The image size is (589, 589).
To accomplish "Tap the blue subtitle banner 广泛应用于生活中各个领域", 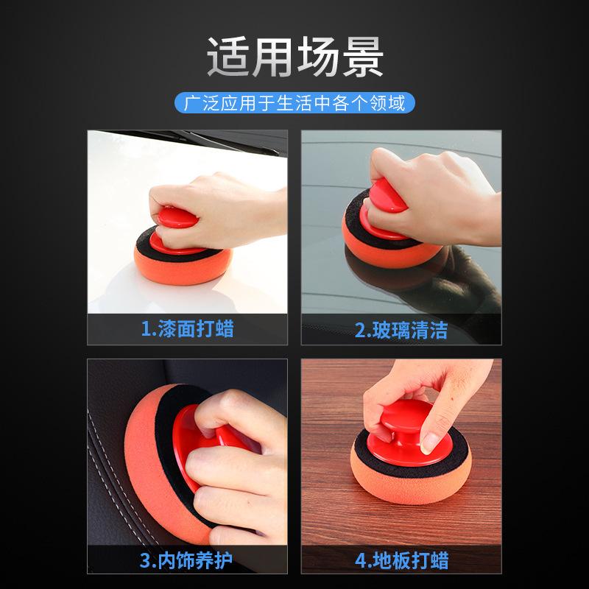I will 294,102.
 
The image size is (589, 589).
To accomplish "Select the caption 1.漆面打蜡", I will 187,328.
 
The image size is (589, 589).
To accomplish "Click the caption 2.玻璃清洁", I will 401,329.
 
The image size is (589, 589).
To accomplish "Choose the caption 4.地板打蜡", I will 401,560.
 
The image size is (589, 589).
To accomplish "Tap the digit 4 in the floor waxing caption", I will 361,560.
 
